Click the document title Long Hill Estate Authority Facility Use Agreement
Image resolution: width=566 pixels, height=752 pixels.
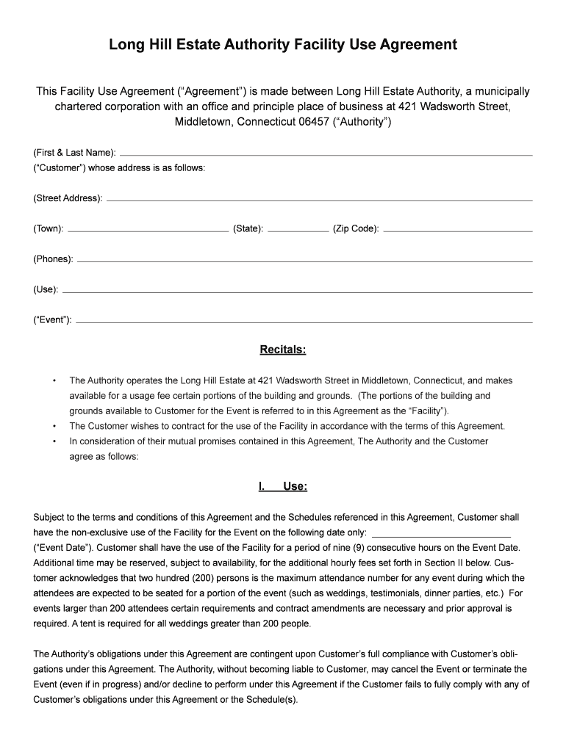[283, 46]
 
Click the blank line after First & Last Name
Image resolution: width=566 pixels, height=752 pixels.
[326, 154]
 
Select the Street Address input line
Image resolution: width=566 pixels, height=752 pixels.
[319, 200]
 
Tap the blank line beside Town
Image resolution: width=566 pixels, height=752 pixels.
[148, 231]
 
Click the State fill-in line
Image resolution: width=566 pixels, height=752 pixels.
[298, 231]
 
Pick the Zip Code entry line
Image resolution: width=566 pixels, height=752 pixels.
[457, 231]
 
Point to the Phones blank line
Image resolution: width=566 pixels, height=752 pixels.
[304, 261]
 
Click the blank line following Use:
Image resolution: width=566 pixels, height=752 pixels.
[297, 292]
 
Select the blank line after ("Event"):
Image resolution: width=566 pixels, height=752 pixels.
[304, 322]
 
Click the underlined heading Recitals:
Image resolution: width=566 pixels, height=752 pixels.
[283, 350]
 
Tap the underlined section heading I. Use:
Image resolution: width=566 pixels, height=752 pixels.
[283, 486]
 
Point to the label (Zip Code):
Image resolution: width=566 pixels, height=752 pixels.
[356, 228]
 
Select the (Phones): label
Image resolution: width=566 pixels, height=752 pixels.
[53, 259]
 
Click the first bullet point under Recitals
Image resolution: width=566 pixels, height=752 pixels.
[54, 381]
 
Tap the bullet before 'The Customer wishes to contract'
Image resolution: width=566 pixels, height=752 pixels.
[54, 426]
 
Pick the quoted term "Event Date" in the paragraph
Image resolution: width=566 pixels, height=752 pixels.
[62, 548]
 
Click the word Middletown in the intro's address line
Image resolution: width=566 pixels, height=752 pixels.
[204, 122]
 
